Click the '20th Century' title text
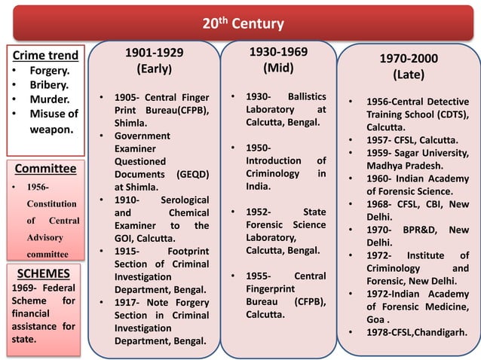(x=243, y=23)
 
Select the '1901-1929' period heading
(x=153, y=52)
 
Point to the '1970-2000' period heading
(x=409, y=59)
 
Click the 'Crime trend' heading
(x=45, y=56)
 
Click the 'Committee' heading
(x=46, y=168)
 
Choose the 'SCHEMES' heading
(x=44, y=273)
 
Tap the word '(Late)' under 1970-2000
(x=409, y=75)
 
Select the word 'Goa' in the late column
(x=376, y=319)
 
